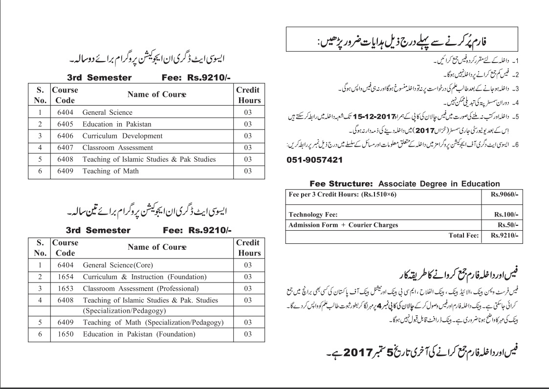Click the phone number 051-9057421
point(313,160)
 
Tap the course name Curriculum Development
point(122,136)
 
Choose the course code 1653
point(65,288)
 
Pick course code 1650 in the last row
point(65,334)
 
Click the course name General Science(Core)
point(118,265)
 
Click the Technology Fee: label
point(313,215)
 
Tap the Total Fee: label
point(463,235)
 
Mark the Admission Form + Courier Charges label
point(343,225)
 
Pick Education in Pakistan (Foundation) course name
point(139,334)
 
